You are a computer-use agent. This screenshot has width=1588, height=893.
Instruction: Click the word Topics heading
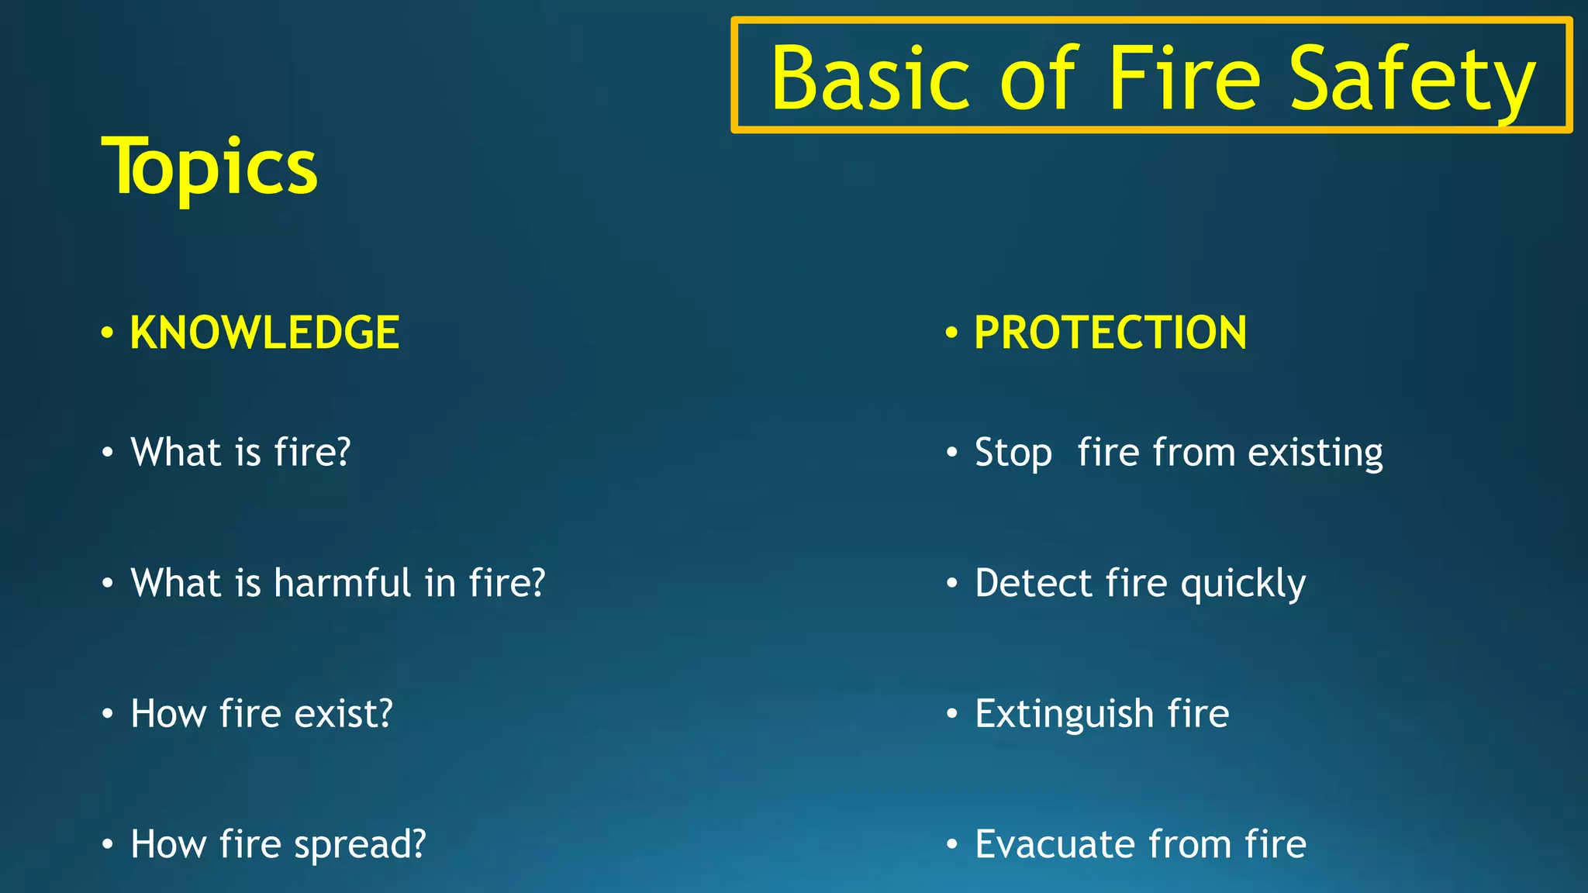[209, 167]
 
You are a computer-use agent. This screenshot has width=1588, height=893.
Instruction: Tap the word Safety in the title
[1411, 79]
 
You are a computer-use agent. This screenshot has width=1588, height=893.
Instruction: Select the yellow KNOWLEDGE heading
[264, 333]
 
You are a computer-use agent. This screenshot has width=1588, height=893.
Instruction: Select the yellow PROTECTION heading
[1110, 333]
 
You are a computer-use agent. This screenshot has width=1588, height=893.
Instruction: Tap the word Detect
[1033, 583]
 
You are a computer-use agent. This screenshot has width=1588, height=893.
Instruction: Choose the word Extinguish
[1064, 714]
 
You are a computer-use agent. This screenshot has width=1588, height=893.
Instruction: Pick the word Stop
[1013, 453]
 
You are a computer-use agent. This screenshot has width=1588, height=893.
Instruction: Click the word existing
[1315, 453]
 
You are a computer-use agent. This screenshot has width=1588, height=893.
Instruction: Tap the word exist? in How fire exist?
[343, 714]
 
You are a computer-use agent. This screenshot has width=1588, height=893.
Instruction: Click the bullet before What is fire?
[108, 452]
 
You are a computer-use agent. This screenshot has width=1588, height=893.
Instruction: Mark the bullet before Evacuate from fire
[951, 844]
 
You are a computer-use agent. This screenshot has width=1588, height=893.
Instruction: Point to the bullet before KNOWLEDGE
[108, 333]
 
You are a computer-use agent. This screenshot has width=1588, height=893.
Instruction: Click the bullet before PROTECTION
[951, 333]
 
